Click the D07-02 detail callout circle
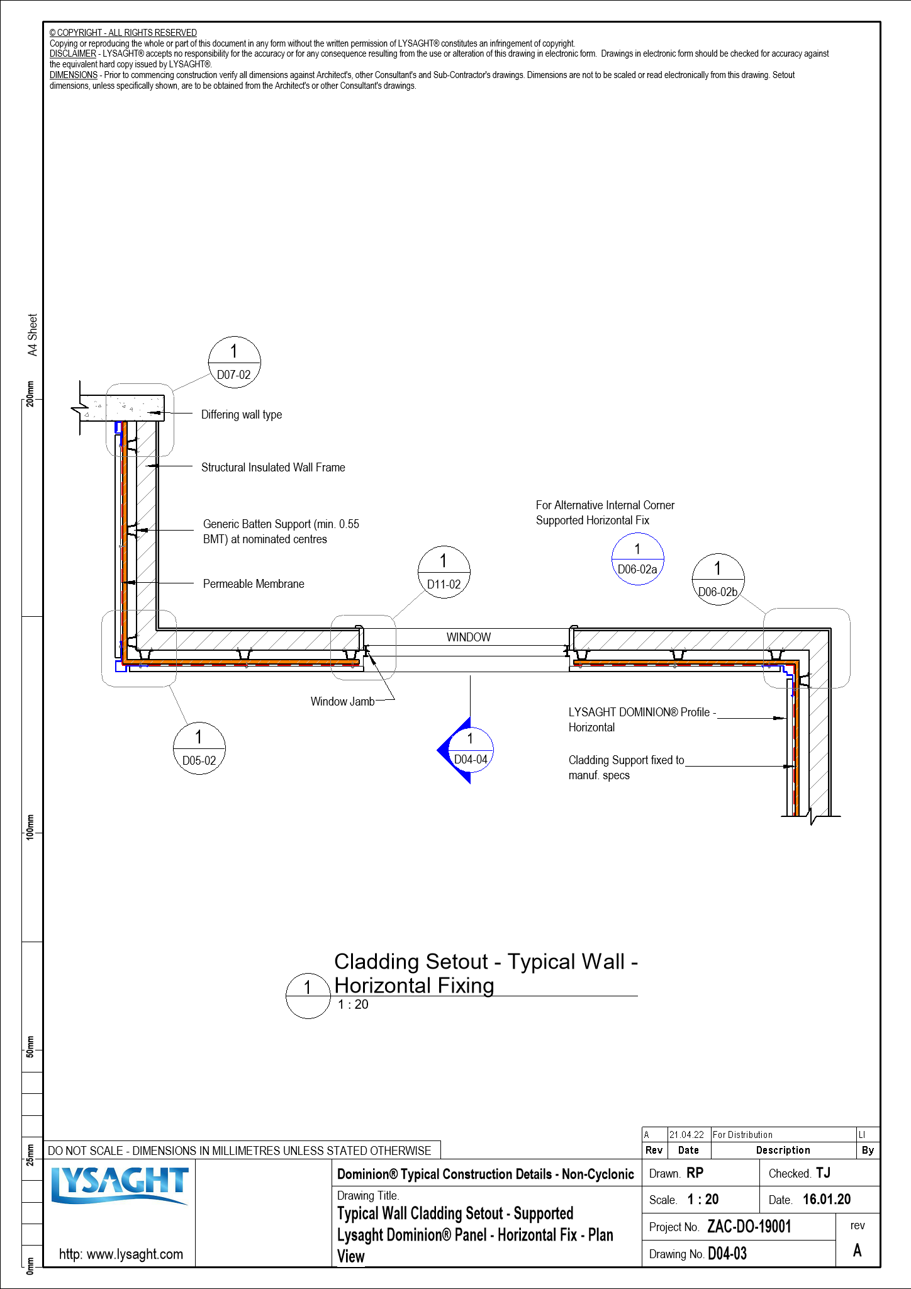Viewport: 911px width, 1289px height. pyautogui.click(x=234, y=363)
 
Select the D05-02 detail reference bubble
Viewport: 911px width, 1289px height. pyautogui.click(x=199, y=748)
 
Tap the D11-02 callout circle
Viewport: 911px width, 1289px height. pyautogui.click(x=444, y=572)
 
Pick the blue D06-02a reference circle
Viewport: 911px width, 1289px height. pyautogui.click(x=637, y=559)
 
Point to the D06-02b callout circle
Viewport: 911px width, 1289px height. pyautogui.click(x=718, y=580)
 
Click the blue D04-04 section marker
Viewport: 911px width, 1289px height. pyautogui.click(x=469, y=750)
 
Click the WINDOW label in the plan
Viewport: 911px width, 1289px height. pyautogui.click(x=469, y=637)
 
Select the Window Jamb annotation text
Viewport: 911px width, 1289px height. pyautogui.click(x=342, y=701)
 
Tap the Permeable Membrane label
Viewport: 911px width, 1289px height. pyautogui.click(x=254, y=584)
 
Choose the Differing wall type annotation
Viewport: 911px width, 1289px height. pyautogui.click(x=242, y=415)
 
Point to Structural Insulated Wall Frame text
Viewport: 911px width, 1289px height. pyautogui.click(x=273, y=468)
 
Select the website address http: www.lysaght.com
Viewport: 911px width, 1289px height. pyautogui.click(x=121, y=1254)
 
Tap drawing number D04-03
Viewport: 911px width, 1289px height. pyautogui.click(x=727, y=1254)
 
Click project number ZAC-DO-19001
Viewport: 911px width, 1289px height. pyautogui.click(x=749, y=1227)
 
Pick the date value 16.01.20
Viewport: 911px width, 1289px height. pyautogui.click(x=826, y=1200)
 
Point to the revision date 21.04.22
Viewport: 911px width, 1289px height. pyautogui.click(x=686, y=1135)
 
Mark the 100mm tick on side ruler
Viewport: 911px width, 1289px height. pyautogui.click(x=30, y=826)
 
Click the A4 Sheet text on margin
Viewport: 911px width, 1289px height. pyautogui.click(x=33, y=335)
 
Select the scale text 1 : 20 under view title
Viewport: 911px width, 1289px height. pyautogui.click(x=353, y=1005)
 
